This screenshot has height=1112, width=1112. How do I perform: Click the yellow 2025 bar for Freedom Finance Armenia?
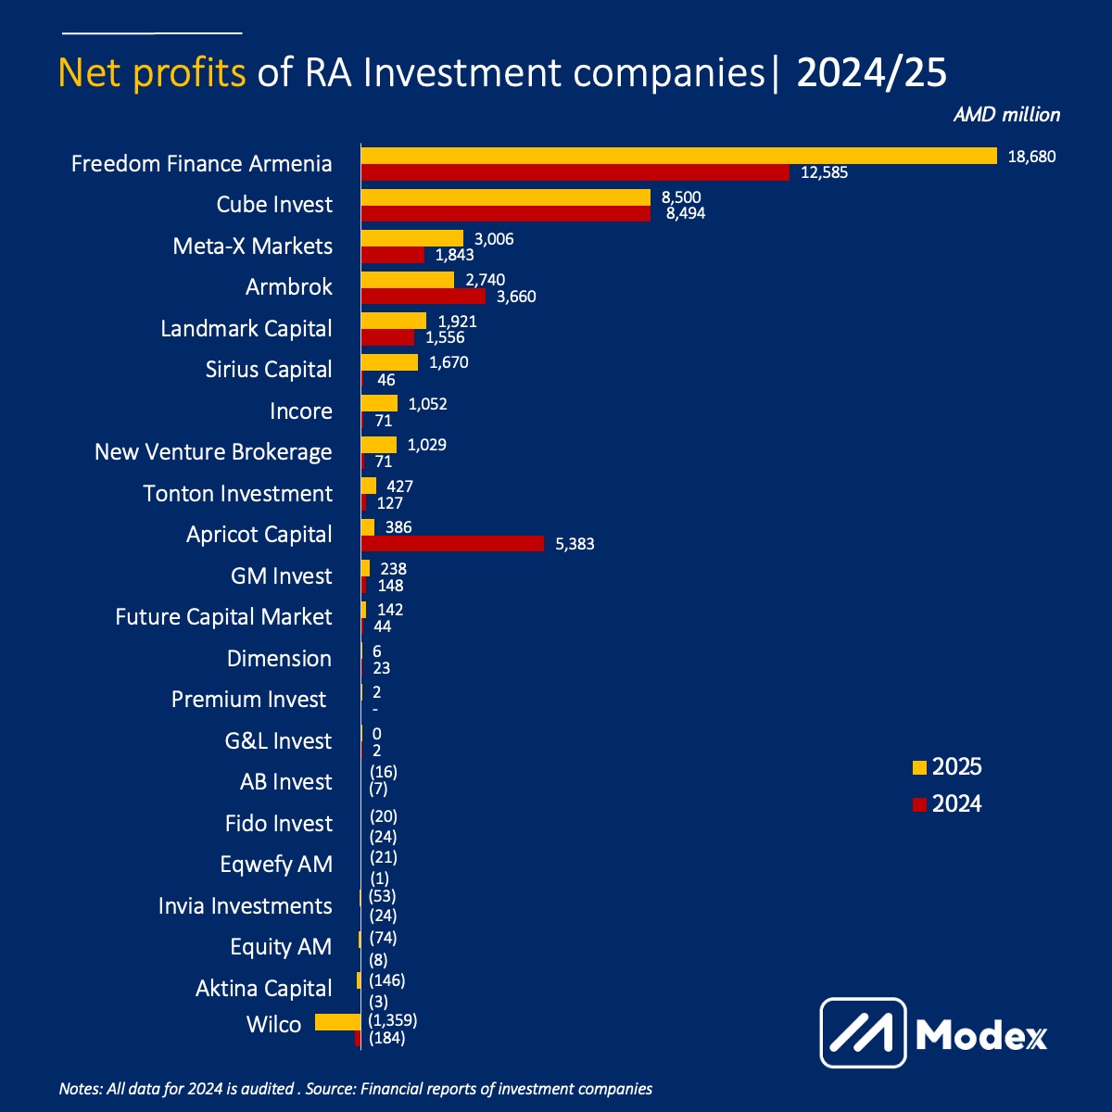678,156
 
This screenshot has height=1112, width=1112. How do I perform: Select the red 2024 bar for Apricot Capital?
452,543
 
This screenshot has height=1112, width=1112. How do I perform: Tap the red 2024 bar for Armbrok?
423,297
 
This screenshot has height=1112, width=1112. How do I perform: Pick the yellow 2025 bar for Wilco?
337,1022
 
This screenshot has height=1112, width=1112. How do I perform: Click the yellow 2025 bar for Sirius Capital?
389,362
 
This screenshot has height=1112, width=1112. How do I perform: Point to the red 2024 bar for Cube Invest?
505,213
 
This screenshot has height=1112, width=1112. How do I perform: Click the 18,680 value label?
1031,157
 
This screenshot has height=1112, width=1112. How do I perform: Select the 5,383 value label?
575,545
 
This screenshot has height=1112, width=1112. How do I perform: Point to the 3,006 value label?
494,239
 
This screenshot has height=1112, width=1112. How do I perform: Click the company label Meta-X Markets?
252,246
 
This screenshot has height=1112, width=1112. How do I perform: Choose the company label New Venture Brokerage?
213,452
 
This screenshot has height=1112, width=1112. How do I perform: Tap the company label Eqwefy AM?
276,865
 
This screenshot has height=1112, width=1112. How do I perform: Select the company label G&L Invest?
278,741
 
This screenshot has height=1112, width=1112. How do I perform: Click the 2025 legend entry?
947,767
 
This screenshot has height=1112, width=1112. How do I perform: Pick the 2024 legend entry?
947,803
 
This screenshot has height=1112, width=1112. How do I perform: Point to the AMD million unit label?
1006,115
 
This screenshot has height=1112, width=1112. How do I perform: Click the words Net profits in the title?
152,72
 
